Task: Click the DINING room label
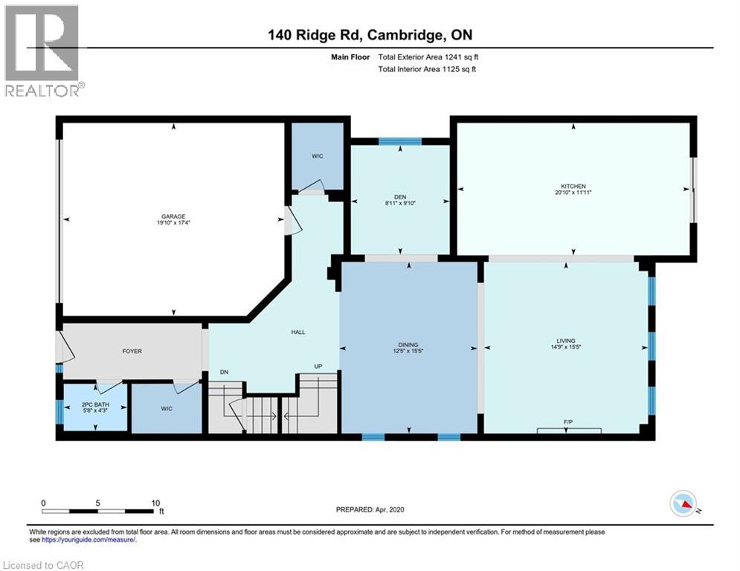(x=408, y=343)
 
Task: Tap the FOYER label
(x=132, y=351)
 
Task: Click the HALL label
(x=298, y=332)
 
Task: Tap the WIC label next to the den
(x=316, y=157)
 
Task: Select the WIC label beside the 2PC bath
(x=166, y=408)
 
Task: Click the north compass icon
(x=683, y=505)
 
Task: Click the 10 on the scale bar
(x=156, y=503)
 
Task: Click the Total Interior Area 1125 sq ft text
(x=427, y=69)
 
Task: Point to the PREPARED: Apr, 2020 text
(x=370, y=509)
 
